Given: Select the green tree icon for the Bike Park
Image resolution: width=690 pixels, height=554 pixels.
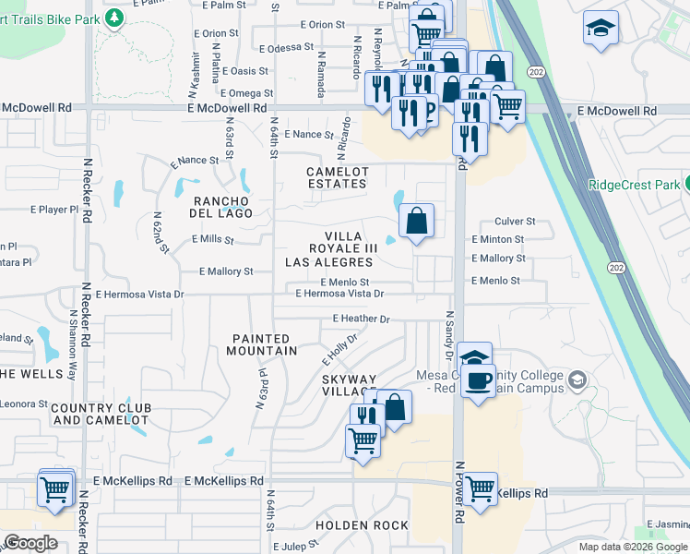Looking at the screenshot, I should pos(114,18).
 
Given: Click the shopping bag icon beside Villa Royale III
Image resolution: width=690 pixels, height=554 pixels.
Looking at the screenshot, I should pos(416,220).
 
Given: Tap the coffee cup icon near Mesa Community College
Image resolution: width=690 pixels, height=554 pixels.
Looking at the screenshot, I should pos(477,381).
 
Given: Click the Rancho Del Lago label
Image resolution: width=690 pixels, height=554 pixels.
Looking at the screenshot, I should pos(221,207).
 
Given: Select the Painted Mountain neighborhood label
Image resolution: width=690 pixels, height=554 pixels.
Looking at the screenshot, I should pos(265,344).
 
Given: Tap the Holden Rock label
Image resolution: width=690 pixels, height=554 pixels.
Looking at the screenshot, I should pos(362,525).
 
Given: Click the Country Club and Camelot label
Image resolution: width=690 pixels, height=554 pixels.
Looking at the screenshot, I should pos(100,414).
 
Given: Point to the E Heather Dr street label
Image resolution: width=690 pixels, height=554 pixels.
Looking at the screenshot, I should pos(361,319).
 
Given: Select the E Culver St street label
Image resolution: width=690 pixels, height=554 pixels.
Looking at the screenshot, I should pos(515,222).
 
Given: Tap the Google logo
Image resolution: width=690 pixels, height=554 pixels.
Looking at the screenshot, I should pos(30,543).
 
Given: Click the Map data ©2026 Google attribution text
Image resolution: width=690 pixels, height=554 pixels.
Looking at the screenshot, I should pos(631,547).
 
